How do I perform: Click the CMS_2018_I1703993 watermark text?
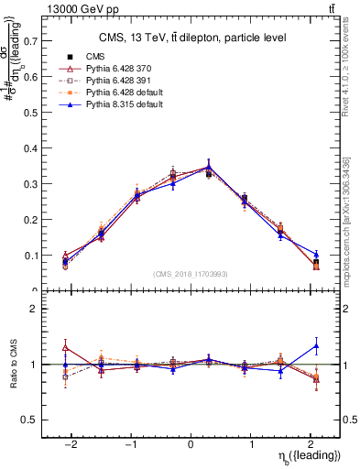[191, 273]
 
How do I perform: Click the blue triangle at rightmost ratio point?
[316, 345]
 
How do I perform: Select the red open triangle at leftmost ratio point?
[65, 348]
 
